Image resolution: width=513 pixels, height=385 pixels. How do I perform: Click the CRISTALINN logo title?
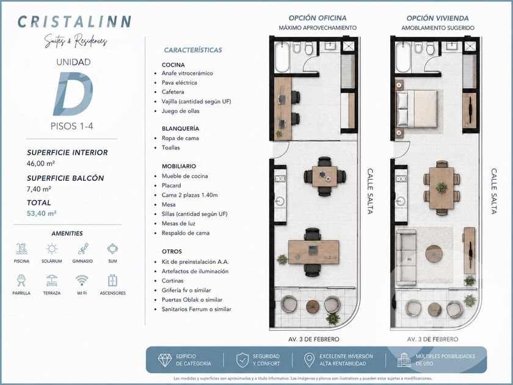tap(75, 21)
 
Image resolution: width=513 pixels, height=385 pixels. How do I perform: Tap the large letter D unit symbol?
tap(73, 94)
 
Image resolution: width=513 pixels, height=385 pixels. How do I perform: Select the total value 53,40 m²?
tap(42, 213)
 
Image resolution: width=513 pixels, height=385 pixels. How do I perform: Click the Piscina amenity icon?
tap(21, 249)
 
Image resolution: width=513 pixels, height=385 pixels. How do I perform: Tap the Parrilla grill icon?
tap(21, 280)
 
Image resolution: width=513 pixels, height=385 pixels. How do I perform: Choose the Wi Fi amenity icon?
tap(81, 280)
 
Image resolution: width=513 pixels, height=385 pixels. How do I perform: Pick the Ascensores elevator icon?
tap(112, 280)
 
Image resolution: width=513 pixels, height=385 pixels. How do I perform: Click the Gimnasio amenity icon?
tap(83, 249)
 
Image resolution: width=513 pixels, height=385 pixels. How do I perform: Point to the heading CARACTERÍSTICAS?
tap(193, 50)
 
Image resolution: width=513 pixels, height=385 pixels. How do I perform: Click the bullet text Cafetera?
tap(173, 92)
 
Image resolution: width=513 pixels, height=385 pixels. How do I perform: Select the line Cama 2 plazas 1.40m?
tap(189, 195)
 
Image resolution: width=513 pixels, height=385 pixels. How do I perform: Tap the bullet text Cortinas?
tap(172, 281)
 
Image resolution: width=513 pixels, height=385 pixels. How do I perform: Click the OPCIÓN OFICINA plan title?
tap(318, 18)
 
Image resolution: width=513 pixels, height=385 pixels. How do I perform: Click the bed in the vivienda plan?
tap(417, 109)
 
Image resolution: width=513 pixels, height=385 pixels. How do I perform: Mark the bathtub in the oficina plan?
tap(282, 57)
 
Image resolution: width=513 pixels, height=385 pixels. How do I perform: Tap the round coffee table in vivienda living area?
tap(434, 254)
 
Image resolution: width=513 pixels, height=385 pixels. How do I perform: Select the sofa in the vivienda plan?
tap(406, 258)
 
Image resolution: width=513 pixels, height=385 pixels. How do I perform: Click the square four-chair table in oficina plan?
tap(324, 177)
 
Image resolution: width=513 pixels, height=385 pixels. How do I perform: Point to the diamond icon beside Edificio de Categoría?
tap(164, 360)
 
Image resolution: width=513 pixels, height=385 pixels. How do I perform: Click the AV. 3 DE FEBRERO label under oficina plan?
tap(314, 339)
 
